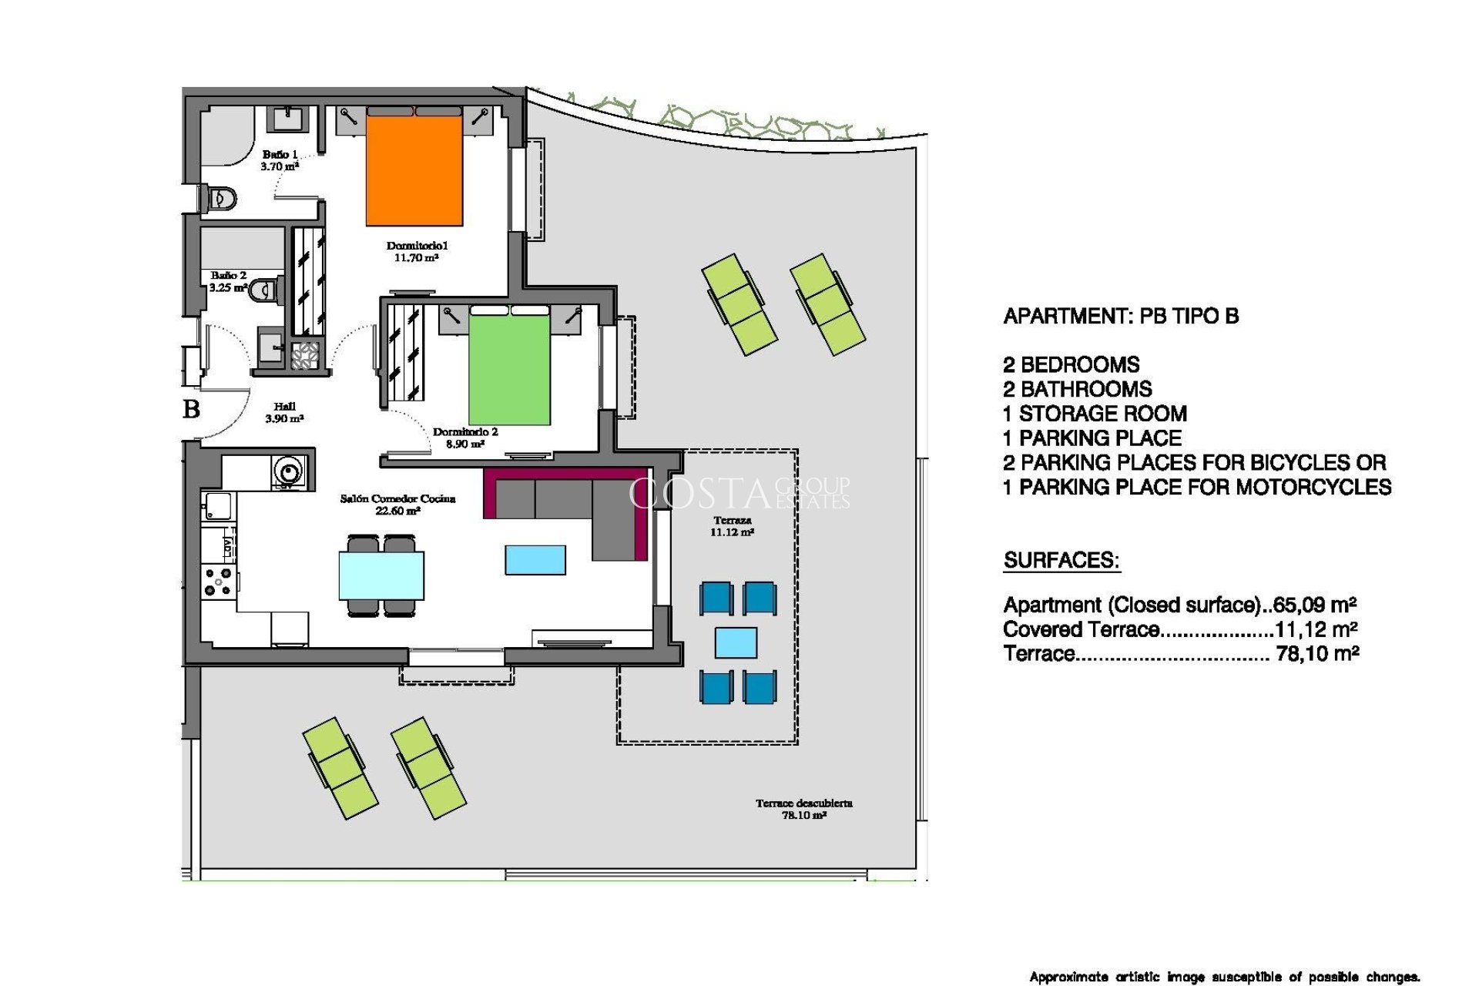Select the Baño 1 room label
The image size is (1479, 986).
click(280, 160)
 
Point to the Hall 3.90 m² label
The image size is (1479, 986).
click(284, 412)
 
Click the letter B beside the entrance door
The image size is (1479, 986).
click(192, 409)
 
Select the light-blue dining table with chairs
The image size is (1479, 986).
click(381, 575)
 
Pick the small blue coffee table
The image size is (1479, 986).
click(535, 560)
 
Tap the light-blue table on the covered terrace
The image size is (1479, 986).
click(736, 642)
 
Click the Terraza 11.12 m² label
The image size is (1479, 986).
click(732, 526)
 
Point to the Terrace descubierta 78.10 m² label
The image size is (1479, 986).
click(803, 809)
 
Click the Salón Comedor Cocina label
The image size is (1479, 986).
click(397, 505)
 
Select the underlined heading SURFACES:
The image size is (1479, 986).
click(1061, 561)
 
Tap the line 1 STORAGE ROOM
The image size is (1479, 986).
click(1095, 414)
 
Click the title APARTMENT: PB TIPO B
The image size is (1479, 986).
click(1121, 317)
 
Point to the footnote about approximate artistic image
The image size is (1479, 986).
click(1224, 977)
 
